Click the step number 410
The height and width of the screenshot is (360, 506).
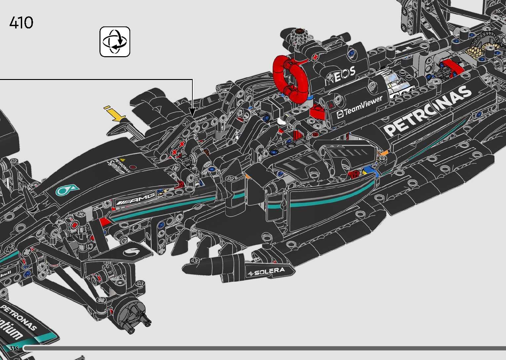pos(21,23)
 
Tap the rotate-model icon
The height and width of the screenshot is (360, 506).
pos(115,42)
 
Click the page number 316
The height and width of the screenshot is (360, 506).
pos(14,348)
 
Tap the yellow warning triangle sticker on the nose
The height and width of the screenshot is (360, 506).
pos(123,159)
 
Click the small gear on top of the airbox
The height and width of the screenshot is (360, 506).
pos(299,35)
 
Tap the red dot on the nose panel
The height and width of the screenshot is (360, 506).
pos(133,168)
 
